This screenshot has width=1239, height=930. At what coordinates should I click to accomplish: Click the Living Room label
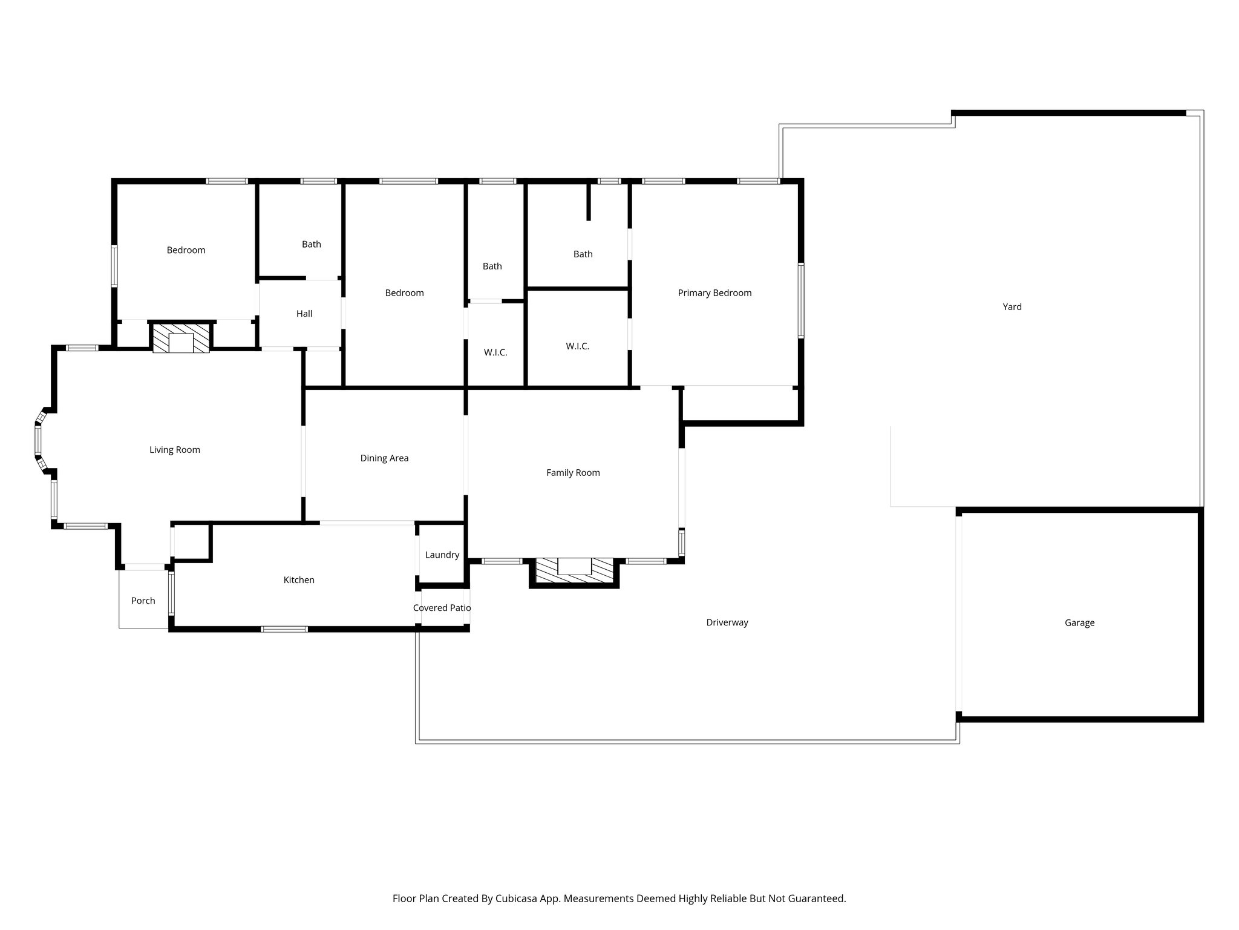175,450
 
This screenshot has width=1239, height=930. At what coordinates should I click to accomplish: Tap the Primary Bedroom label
714,293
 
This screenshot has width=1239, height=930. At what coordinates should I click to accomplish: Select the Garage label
1079,622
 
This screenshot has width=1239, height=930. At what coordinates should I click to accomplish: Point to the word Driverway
727,622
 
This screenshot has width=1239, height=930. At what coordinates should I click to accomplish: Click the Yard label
1012,307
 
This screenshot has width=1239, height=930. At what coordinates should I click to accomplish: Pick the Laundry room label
442,555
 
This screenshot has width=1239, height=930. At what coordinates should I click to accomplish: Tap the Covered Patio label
442,608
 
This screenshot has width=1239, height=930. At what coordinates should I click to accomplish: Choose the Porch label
143,601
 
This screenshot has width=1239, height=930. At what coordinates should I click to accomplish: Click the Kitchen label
299,580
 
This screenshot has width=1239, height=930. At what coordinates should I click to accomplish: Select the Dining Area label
384,458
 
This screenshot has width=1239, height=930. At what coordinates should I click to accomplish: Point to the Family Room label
573,473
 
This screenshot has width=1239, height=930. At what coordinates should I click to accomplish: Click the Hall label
304,314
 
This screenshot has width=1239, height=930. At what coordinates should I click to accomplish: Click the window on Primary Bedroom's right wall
801,300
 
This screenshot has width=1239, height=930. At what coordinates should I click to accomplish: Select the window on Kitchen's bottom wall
284,629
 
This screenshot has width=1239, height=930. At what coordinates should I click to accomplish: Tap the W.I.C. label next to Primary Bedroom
577,346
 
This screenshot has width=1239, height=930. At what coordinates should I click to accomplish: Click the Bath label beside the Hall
312,245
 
